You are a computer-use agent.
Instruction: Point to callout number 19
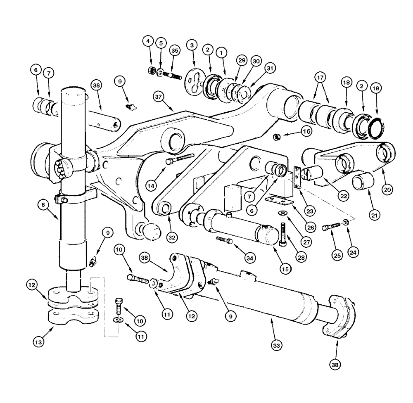click(x=376, y=88)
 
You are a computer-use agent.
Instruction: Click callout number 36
click(x=96, y=85)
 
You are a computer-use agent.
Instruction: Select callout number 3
click(x=191, y=45)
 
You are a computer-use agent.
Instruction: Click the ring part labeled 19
click(x=376, y=126)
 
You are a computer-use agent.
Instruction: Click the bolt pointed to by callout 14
click(x=180, y=159)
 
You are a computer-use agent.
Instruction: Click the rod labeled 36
click(x=105, y=121)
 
